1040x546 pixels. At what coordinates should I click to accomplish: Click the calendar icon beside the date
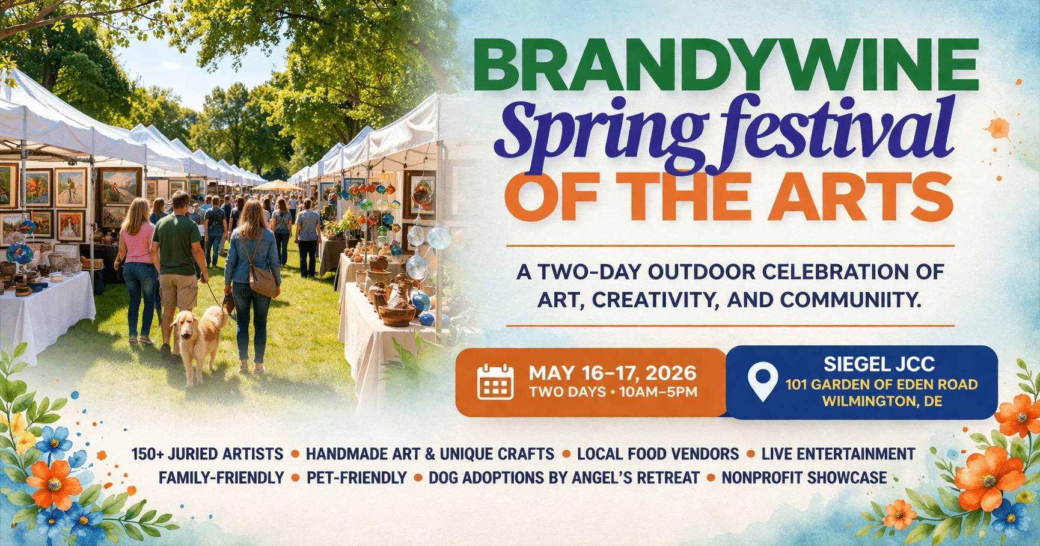tap(495, 381)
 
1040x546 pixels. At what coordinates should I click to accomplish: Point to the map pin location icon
tap(762, 381)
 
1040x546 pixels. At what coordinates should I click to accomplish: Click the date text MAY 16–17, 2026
tap(613, 373)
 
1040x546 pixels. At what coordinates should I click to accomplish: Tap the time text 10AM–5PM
tap(658, 392)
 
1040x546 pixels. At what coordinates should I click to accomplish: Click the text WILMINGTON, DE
tap(882, 401)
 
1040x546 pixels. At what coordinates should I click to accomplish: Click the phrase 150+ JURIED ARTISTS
tap(207, 454)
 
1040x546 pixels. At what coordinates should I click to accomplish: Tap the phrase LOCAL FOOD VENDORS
tap(658, 454)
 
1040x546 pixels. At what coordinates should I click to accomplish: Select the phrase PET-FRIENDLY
tap(357, 478)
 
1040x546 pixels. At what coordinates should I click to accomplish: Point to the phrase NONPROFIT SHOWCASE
tap(804, 478)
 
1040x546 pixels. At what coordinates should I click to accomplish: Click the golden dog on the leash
tap(198, 343)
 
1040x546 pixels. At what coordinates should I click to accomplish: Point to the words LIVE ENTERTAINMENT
tap(839, 454)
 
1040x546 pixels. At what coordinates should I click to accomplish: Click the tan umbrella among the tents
tap(277, 186)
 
